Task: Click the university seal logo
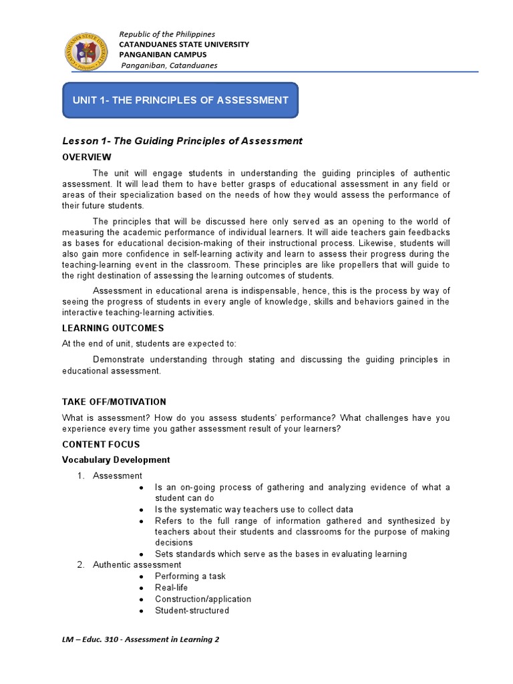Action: [88, 51]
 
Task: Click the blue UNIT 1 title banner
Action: [180, 100]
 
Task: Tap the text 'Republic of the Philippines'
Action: [167, 34]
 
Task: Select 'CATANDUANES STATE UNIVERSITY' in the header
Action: [184, 44]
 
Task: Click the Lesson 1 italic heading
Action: [182, 141]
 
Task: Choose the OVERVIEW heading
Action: [87, 157]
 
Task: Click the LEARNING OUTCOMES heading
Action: [113, 328]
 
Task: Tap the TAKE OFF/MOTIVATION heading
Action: [114, 401]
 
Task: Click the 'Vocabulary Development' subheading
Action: [116, 460]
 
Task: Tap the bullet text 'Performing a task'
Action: [190, 576]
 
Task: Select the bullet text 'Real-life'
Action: [172, 587]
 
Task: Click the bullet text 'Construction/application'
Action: [203, 599]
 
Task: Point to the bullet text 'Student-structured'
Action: [192, 611]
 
